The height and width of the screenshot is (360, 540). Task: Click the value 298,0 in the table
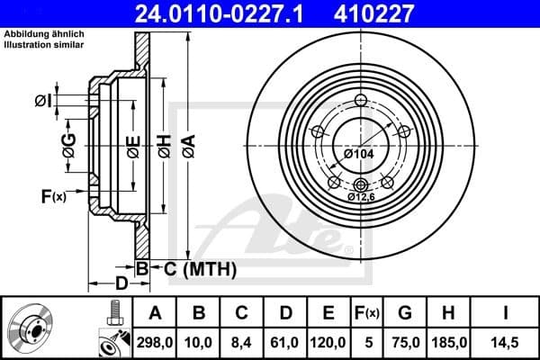[x=153, y=342]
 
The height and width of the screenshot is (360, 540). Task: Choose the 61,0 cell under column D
[x=285, y=342]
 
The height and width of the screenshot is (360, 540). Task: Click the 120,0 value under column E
[x=328, y=342]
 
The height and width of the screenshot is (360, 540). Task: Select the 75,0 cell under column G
[x=406, y=342]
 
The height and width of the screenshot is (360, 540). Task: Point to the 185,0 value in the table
[x=447, y=342]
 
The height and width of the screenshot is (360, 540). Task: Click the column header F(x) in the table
[x=367, y=313]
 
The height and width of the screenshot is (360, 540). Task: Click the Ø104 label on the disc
[x=357, y=154]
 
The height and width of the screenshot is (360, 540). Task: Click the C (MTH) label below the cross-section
[x=200, y=268]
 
